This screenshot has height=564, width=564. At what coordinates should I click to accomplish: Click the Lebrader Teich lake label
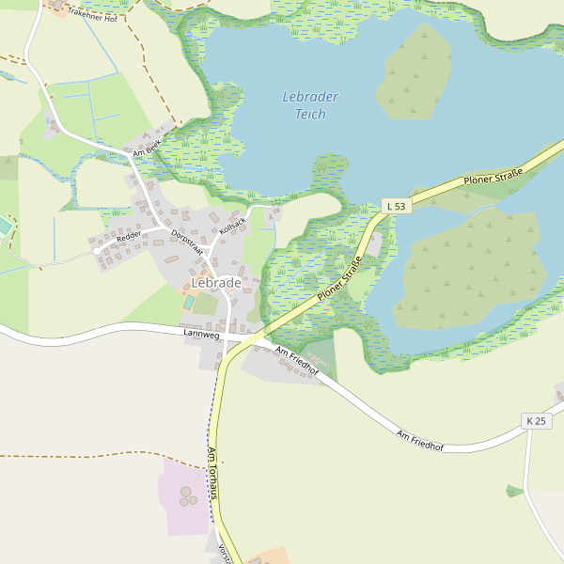(x=310, y=105)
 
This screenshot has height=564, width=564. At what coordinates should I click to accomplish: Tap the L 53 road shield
(x=398, y=206)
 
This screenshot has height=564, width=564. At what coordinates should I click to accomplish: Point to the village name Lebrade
(x=216, y=282)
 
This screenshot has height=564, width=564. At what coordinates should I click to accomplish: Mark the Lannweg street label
(x=200, y=334)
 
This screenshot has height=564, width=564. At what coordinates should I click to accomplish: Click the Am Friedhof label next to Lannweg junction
(x=297, y=361)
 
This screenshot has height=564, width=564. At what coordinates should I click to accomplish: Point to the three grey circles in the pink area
(x=189, y=495)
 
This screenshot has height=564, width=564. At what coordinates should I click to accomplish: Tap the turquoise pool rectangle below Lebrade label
(x=190, y=303)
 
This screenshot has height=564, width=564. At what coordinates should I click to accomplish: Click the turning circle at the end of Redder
(x=96, y=251)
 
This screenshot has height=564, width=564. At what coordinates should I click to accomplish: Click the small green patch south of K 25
(x=513, y=491)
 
